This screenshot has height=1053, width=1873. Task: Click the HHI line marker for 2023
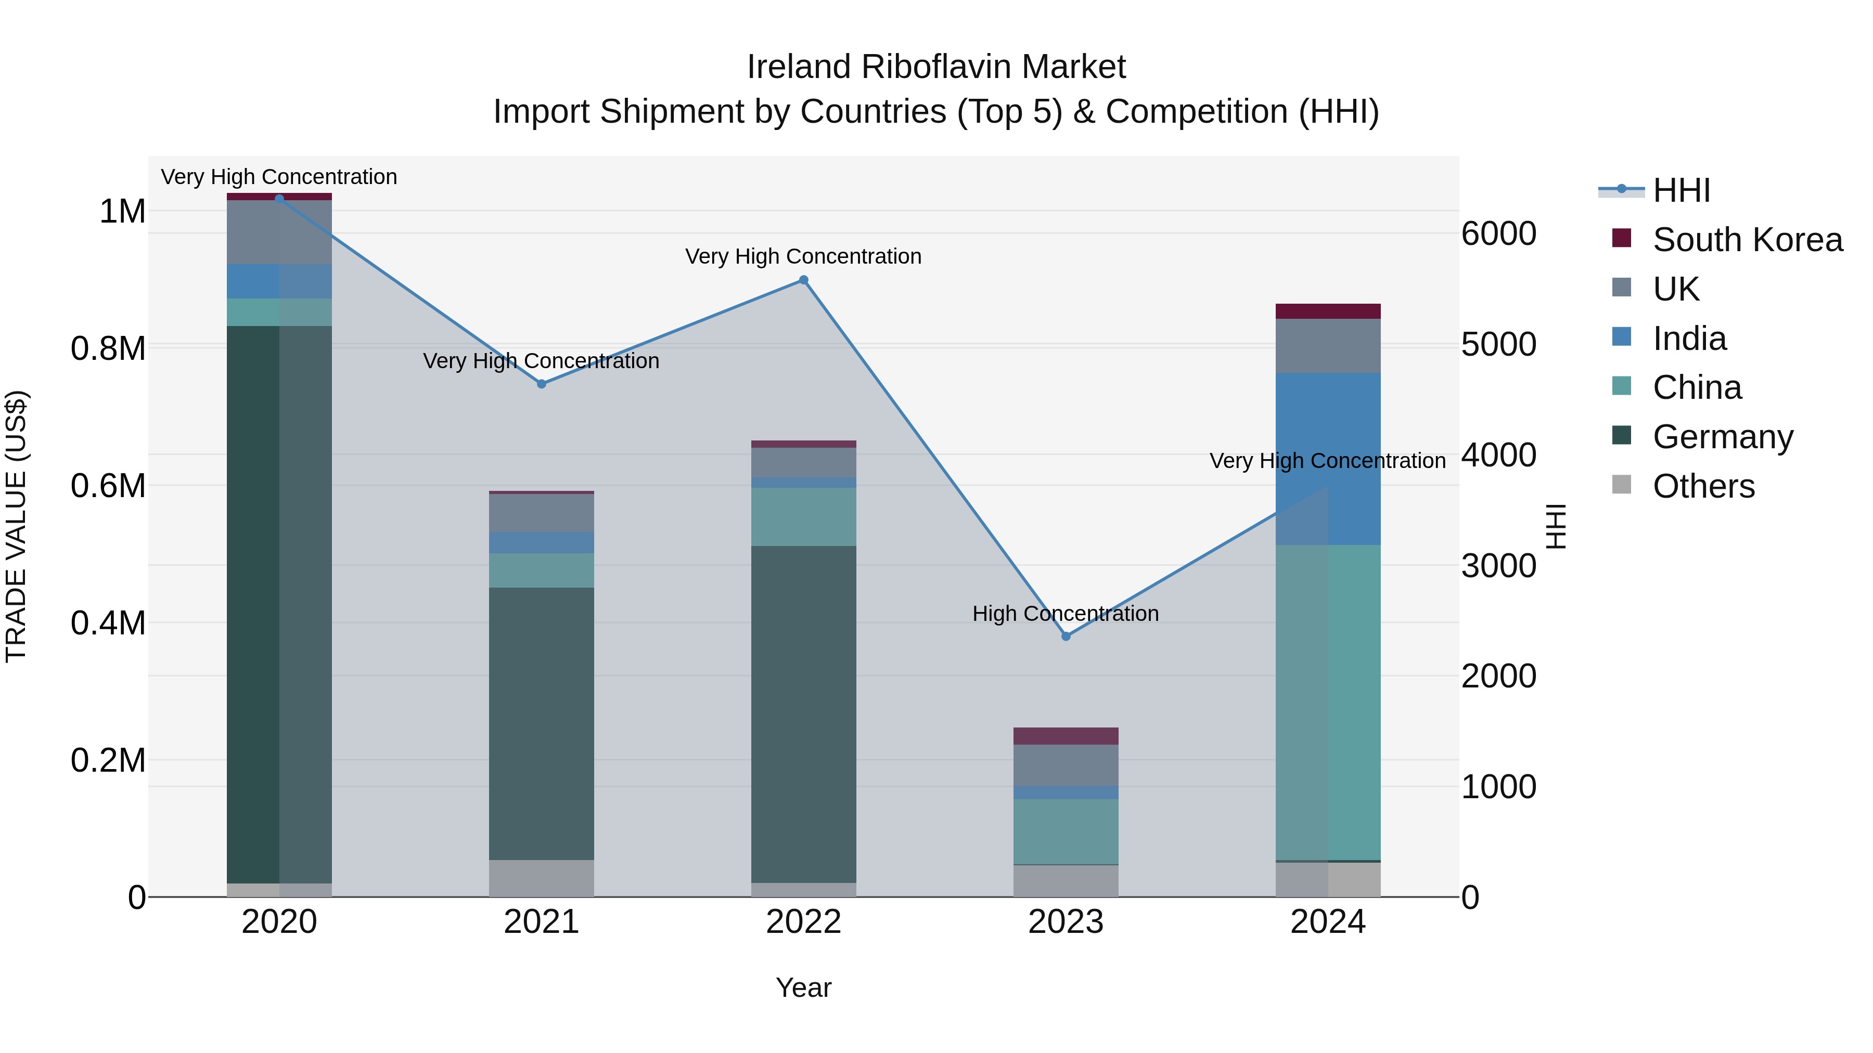tap(1066, 636)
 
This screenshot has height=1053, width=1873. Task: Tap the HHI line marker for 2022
tap(803, 280)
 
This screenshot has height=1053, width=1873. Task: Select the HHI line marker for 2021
tap(541, 384)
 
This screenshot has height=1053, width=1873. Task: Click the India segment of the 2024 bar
tap(1328, 458)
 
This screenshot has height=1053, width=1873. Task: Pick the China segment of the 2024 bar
tap(1328, 702)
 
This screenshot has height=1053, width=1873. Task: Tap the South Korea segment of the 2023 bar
tap(1066, 735)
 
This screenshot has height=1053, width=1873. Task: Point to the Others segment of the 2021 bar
tap(541, 878)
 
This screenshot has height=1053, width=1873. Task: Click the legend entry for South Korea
tap(1747, 240)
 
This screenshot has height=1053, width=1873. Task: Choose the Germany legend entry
tap(1723, 437)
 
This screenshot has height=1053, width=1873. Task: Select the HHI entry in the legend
tap(1681, 190)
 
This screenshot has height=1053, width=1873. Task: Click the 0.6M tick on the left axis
tap(108, 486)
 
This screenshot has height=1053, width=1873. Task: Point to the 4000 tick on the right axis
tap(1498, 456)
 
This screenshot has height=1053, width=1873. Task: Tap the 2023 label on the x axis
tap(1066, 922)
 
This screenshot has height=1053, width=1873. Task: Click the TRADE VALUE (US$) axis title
tap(16, 526)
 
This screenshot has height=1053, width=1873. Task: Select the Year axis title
tap(803, 987)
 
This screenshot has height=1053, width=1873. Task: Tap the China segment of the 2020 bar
tap(279, 313)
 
